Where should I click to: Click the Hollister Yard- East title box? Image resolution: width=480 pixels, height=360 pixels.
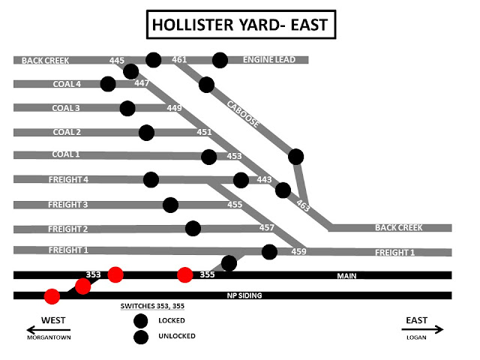[239, 25]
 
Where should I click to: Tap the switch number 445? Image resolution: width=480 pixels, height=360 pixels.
[116, 60]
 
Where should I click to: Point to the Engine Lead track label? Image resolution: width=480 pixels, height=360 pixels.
[270, 60]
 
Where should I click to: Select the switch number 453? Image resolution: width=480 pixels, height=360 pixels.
[234, 156]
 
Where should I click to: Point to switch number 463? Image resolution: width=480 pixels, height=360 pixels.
[303, 203]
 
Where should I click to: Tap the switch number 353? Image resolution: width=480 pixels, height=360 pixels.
[93, 275]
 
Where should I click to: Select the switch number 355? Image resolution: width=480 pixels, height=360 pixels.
[208, 275]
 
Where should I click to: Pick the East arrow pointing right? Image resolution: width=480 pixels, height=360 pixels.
[423, 329]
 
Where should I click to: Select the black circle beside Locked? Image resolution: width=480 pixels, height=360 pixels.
[140, 321]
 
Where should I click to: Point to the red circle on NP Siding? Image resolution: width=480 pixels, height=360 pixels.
[52, 296]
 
